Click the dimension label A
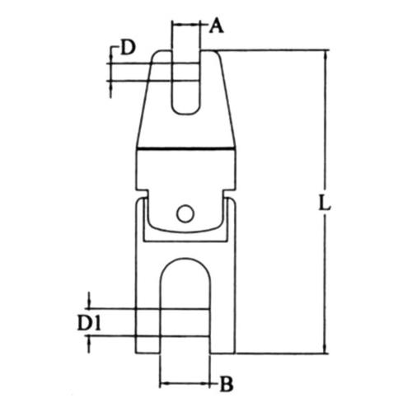(216, 26)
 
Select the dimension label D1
(89, 323)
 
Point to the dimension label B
(227, 384)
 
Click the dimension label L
(325, 203)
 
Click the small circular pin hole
(185, 213)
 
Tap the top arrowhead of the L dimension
(325, 54)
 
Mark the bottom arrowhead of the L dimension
(325, 349)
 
